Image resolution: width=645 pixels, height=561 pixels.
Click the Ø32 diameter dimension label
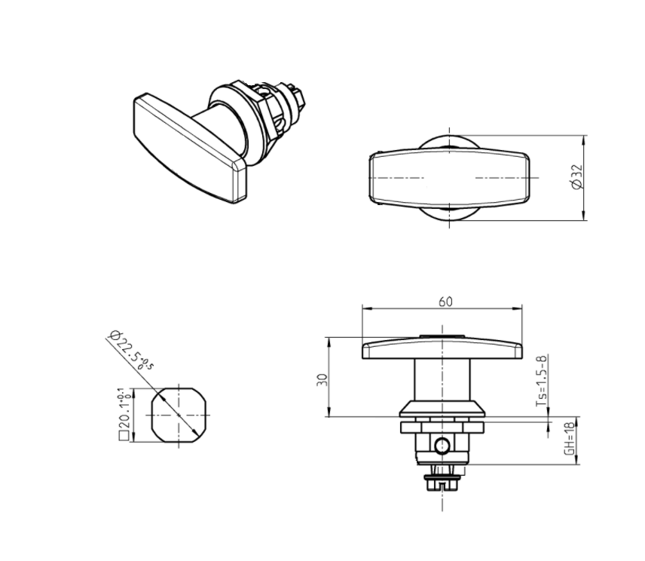577,179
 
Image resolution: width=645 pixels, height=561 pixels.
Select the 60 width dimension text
445,301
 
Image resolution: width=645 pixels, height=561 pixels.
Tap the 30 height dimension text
322,379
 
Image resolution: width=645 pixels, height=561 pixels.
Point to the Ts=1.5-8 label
541,381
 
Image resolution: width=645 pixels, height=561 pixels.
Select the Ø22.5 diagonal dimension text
130,353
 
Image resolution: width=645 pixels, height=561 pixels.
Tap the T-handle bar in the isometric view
188,148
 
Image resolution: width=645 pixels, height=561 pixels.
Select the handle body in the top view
449,178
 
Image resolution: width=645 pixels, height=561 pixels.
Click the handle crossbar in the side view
443,349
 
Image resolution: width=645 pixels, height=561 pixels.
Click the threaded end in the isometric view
298,97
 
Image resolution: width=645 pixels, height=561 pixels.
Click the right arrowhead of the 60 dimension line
520,308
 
